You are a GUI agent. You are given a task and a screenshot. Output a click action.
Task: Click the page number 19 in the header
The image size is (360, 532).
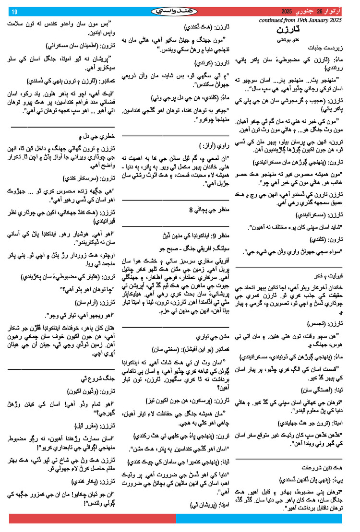[x=14, y=12]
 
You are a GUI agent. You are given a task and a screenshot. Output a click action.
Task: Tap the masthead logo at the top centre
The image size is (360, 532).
[x=179, y=11]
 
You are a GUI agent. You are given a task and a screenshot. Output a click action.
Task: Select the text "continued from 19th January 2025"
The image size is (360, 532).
[x=300, y=21]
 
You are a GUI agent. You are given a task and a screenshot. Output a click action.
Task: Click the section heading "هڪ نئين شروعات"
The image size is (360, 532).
[x=324, y=466]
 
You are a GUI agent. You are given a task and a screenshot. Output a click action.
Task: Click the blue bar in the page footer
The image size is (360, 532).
[x=259, y=518]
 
